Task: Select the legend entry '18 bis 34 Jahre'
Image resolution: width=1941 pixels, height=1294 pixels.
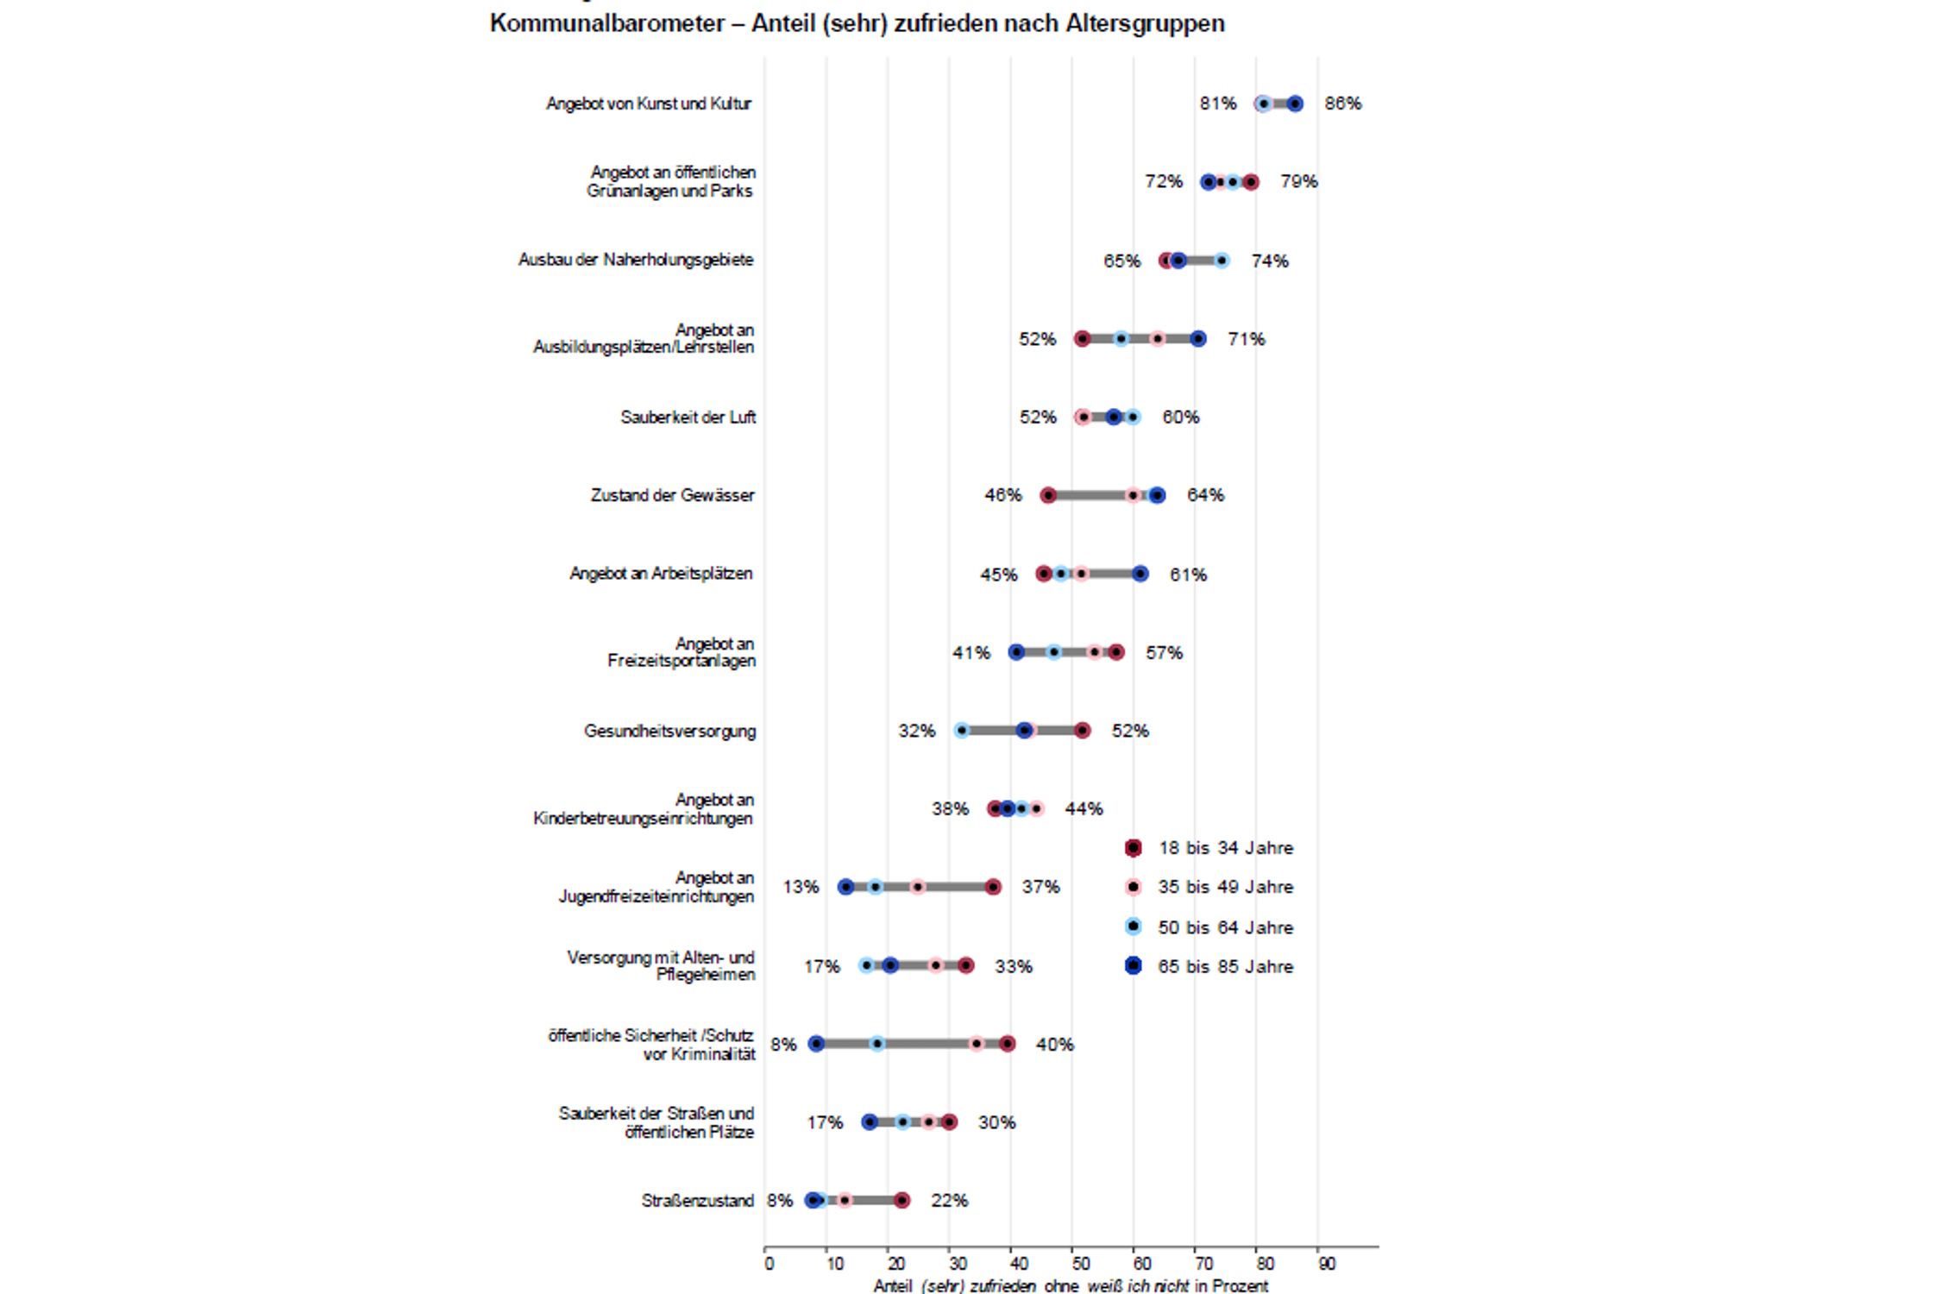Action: point(1225,848)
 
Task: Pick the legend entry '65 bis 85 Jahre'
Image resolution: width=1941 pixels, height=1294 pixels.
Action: point(1225,966)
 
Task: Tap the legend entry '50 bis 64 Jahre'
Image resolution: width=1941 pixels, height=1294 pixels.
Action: point(1225,927)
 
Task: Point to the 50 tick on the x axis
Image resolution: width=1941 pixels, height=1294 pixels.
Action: point(1080,1264)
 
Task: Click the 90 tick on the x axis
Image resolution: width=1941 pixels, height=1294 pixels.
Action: point(1326,1264)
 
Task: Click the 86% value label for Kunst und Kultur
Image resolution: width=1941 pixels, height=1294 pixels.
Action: point(1342,104)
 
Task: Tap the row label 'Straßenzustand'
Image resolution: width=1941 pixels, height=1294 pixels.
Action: point(697,1200)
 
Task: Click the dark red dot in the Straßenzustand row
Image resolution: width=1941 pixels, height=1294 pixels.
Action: point(901,1200)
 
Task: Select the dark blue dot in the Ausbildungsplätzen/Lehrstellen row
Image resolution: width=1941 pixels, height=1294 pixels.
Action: point(1198,339)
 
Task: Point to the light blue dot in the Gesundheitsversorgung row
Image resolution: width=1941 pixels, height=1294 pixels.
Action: point(962,731)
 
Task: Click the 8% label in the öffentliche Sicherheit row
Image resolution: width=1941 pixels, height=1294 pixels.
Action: point(782,1045)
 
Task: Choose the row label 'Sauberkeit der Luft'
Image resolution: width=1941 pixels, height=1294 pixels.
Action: point(688,418)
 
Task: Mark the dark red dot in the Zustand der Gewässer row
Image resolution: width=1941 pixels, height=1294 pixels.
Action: point(1048,495)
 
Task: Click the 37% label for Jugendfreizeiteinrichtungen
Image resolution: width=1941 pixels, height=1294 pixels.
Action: point(1040,887)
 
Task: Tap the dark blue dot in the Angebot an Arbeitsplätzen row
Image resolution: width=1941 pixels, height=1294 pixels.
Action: point(1140,574)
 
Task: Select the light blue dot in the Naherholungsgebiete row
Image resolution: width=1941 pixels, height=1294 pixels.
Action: point(1222,261)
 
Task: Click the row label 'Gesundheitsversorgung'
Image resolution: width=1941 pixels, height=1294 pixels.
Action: point(669,731)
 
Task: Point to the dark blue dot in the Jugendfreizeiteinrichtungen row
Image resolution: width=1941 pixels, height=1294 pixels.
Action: point(846,887)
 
